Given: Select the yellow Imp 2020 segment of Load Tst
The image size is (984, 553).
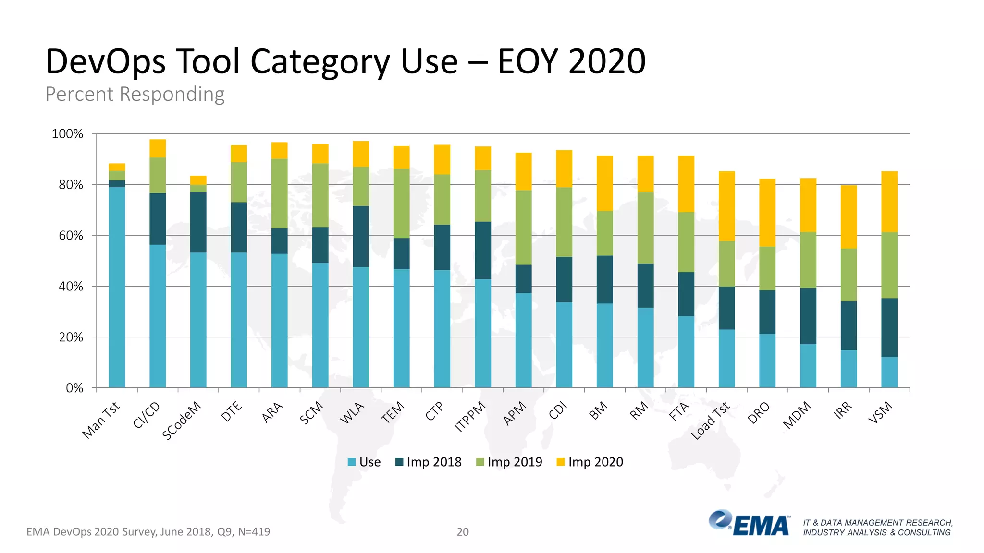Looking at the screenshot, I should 726,206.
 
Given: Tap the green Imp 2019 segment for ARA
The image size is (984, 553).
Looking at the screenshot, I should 279,193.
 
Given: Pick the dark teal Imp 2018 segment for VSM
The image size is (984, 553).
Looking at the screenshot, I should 889,327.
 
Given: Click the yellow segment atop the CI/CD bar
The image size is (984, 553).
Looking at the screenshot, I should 158,148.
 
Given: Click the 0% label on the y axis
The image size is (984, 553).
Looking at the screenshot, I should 74,388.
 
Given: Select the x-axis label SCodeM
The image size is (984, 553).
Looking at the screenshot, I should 182,421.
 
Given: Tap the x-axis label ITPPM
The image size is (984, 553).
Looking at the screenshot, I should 470,417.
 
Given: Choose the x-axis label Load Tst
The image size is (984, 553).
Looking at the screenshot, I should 710,421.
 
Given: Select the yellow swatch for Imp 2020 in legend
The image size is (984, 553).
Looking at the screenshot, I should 560,462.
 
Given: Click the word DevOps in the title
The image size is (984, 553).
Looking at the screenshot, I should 106,62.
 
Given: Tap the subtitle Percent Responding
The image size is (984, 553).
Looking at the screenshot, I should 135,94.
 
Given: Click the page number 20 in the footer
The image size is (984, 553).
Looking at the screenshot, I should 462,531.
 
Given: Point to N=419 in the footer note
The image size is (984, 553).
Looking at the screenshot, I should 254,531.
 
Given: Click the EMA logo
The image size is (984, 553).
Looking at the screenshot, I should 750,523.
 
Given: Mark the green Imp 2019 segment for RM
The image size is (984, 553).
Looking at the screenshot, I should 645,228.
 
